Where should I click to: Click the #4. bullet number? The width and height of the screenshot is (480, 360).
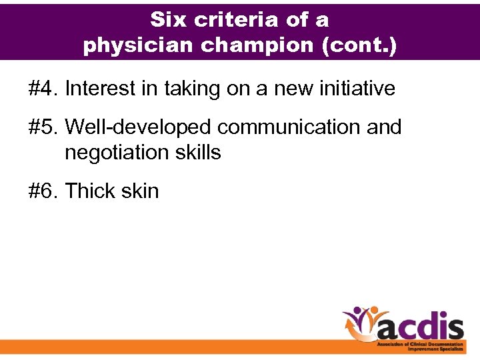[43, 88]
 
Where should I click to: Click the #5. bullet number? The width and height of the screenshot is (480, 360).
[43, 127]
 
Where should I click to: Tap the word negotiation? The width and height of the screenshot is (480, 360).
[117, 153]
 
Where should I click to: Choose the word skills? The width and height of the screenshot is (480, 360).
[198, 153]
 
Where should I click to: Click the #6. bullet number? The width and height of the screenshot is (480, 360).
[43, 191]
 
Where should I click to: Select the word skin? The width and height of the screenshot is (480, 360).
[141, 191]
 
